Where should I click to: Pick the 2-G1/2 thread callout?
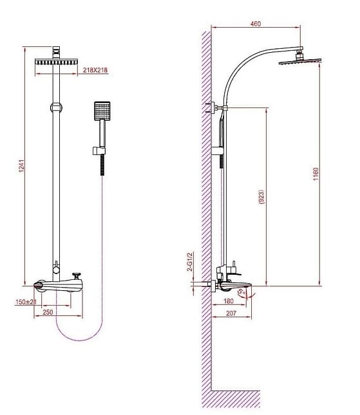(191, 262)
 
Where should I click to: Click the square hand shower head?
(102, 113)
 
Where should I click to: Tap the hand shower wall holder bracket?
(99, 152)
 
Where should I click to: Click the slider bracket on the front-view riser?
(57, 107)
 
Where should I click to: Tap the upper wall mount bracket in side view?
(213, 106)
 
